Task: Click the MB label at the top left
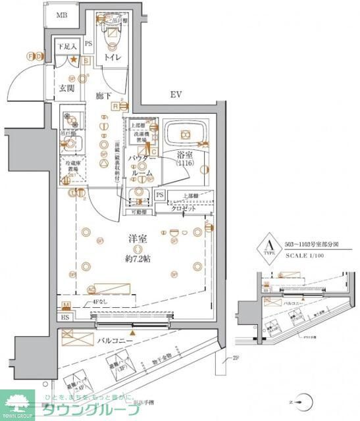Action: coord(61,15)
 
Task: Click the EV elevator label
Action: coord(176,95)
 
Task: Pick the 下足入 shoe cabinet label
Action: coord(66,47)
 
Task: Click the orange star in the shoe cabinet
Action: coord(74,61)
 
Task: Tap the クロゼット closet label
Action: coord(190,208)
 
